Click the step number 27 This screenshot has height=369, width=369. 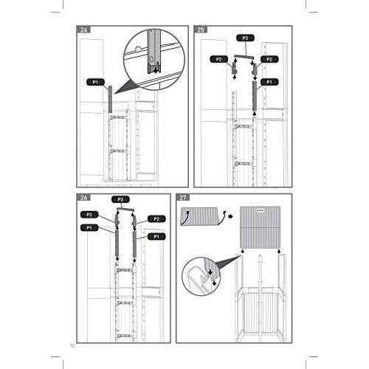pos(184,198)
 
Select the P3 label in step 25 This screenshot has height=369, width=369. pos(244,37)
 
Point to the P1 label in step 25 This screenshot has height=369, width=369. pos(270,81)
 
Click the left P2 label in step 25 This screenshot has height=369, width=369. pos(218,59)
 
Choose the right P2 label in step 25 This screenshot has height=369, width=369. pos(270,59)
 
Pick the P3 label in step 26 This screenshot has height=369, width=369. pos(118,199)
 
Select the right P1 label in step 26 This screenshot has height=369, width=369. pos(154,236)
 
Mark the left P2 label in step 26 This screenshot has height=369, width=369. pos(90,215)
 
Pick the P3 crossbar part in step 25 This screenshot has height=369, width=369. pos(244,55)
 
